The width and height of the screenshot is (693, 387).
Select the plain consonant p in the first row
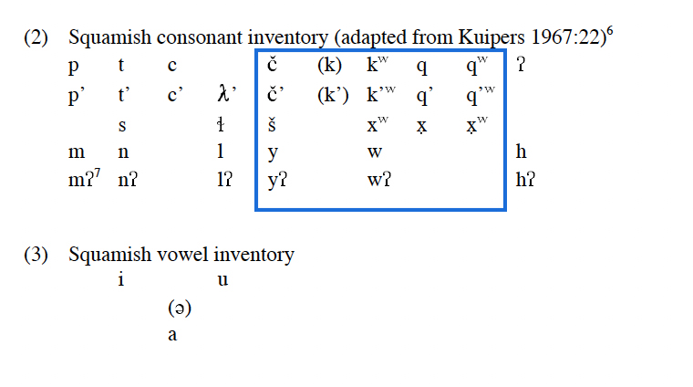[x=72, y=66]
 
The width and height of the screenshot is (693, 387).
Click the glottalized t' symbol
[x=124, y=95]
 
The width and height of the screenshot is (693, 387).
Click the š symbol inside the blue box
[x=273, y=124]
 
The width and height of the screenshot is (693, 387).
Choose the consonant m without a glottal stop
[x=74, y=152]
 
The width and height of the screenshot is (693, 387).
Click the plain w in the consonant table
[x=374, y=152]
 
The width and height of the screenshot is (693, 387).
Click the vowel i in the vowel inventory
[x=120, y=280]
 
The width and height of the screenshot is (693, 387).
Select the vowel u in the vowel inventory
[x=222, y=280]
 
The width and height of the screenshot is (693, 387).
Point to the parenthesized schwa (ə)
[x=179, y=309]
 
